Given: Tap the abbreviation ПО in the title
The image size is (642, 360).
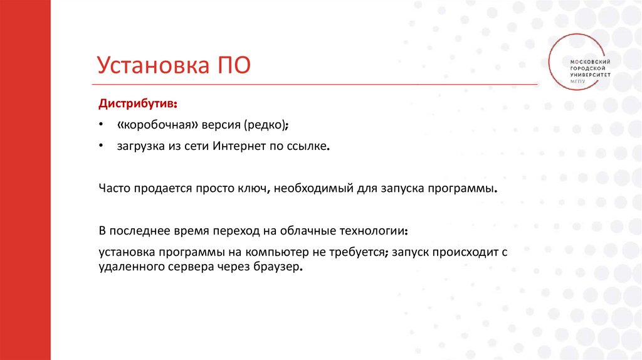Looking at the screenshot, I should point(234,65).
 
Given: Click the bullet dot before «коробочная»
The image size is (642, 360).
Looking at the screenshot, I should point(101,125).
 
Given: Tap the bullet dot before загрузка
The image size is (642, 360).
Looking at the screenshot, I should point(101,147).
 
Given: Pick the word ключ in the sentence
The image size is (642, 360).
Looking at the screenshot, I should point(252,188).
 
